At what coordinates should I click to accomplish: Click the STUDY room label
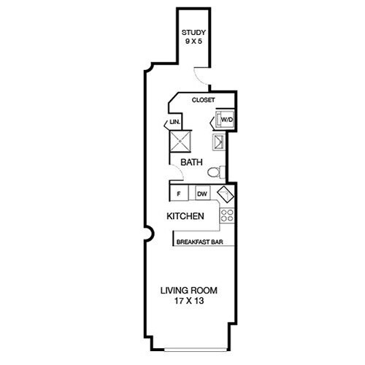[194, 33]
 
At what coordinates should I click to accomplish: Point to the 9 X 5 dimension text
[194, 42]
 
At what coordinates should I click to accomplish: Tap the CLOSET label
[203, 100]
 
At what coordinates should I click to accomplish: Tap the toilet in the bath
[214, 173]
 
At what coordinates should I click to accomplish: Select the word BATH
[191, 163]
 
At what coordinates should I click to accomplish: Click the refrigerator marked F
[178, 194]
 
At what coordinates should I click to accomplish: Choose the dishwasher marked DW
[202, 194]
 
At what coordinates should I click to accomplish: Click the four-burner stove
[226, 215]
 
